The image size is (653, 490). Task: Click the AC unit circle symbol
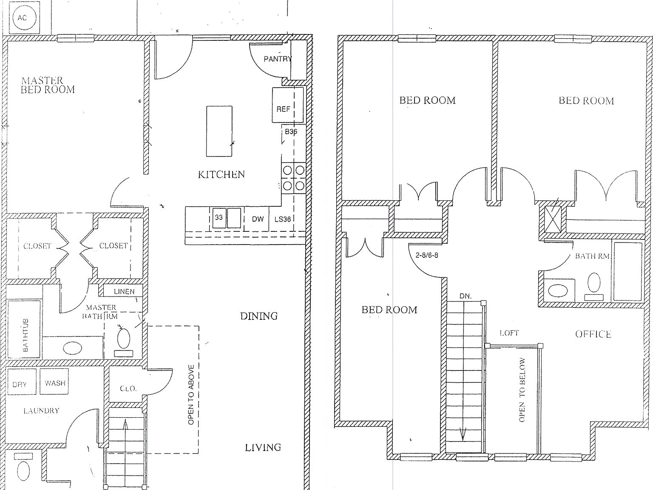click(x=22, y=18)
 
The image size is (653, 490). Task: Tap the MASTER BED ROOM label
click(x=48, y=85)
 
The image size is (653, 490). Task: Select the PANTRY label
click(x=278, y=59)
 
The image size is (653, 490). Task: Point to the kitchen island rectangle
click(x=219, y=131)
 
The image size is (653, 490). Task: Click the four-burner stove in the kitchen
click(x=293, y=178)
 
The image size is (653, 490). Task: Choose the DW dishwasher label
click(x=258, y=219)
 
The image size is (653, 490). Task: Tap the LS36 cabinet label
click(x=282, y=219)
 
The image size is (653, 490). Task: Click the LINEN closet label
click(x=124, y=291)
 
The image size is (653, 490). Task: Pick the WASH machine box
click(x=55, y=383)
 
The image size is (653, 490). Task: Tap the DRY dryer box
click(x=20, y=384)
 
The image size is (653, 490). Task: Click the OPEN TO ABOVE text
click(x=191, y=394)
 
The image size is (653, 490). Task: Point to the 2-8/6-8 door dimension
click(x=426, y=256)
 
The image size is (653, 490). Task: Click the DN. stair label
click(x=466, y=296)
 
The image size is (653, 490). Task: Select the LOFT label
click(x=509, y=333)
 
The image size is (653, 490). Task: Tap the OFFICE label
click(x=593, y=334)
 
